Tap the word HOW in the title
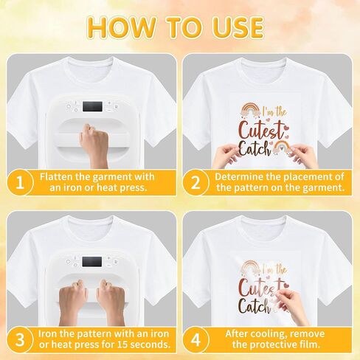(122, 27)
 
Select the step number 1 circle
(20, 183)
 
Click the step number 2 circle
(195, 183)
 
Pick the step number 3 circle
(20, 339)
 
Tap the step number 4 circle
(195, 339)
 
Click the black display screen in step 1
(92, 106)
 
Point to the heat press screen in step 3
(91, 262)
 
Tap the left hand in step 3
(73, 304)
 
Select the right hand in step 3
(111, 303)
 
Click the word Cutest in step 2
(261, 130)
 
